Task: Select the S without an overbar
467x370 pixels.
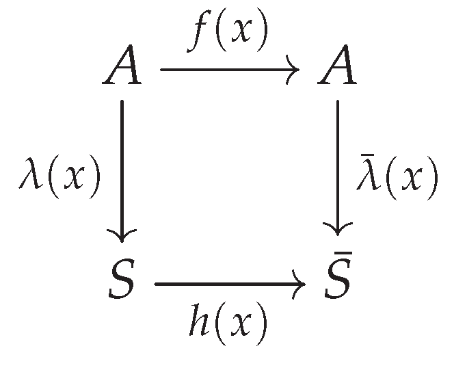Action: click(121, 278)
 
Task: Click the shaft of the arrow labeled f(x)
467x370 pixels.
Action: click(229, 70)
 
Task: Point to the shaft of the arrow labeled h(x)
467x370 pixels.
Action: click(229, 285)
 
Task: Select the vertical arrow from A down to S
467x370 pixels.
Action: click(122, 171)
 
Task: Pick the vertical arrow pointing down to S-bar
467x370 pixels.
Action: click(338, 168)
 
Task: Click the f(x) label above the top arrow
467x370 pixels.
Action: click(227, 30)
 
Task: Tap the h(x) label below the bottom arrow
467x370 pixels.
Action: click(228, 323)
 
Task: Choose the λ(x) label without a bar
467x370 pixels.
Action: click(59, 177)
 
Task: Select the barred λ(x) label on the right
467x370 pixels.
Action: click(397, 177)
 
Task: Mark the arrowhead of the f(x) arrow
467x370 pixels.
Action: click(293, 70)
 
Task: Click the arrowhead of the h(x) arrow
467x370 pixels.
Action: click(299, 285)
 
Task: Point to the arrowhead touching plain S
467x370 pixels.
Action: click(122, 235)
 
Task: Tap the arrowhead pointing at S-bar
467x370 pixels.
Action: click(338, 229)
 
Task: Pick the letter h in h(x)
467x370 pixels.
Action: click(199, 319)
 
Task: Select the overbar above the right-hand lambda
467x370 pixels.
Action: click(367, 155)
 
